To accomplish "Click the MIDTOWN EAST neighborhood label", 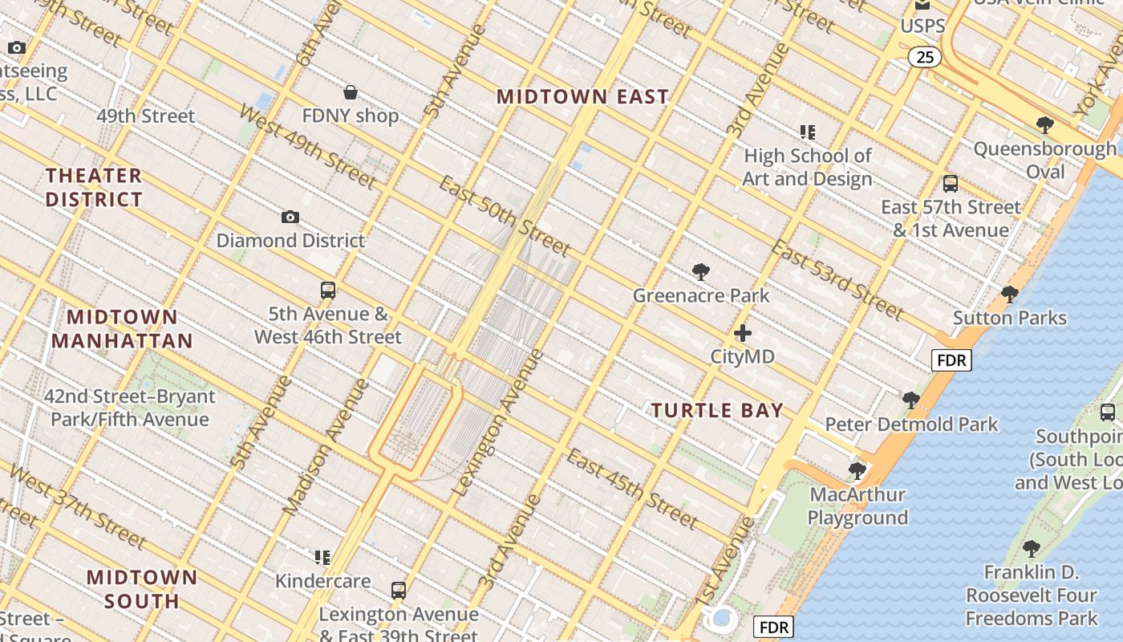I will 582,97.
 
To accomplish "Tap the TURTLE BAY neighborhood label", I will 717,411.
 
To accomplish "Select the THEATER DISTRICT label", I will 94,187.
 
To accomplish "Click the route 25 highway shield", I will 925,57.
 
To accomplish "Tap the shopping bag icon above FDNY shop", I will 351,92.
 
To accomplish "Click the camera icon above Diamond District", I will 290,217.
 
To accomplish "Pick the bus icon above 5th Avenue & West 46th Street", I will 327,291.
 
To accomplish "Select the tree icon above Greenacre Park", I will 700,272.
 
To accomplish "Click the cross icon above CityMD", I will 743,332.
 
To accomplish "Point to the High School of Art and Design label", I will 807,167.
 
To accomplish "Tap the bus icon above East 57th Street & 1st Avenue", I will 951,184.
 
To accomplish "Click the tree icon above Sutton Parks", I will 1010,295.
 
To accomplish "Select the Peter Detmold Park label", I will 911,424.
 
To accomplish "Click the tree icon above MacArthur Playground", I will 857,470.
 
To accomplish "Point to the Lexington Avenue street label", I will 498,423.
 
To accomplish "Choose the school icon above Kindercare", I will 322,557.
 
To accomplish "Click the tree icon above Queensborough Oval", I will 1044,125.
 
